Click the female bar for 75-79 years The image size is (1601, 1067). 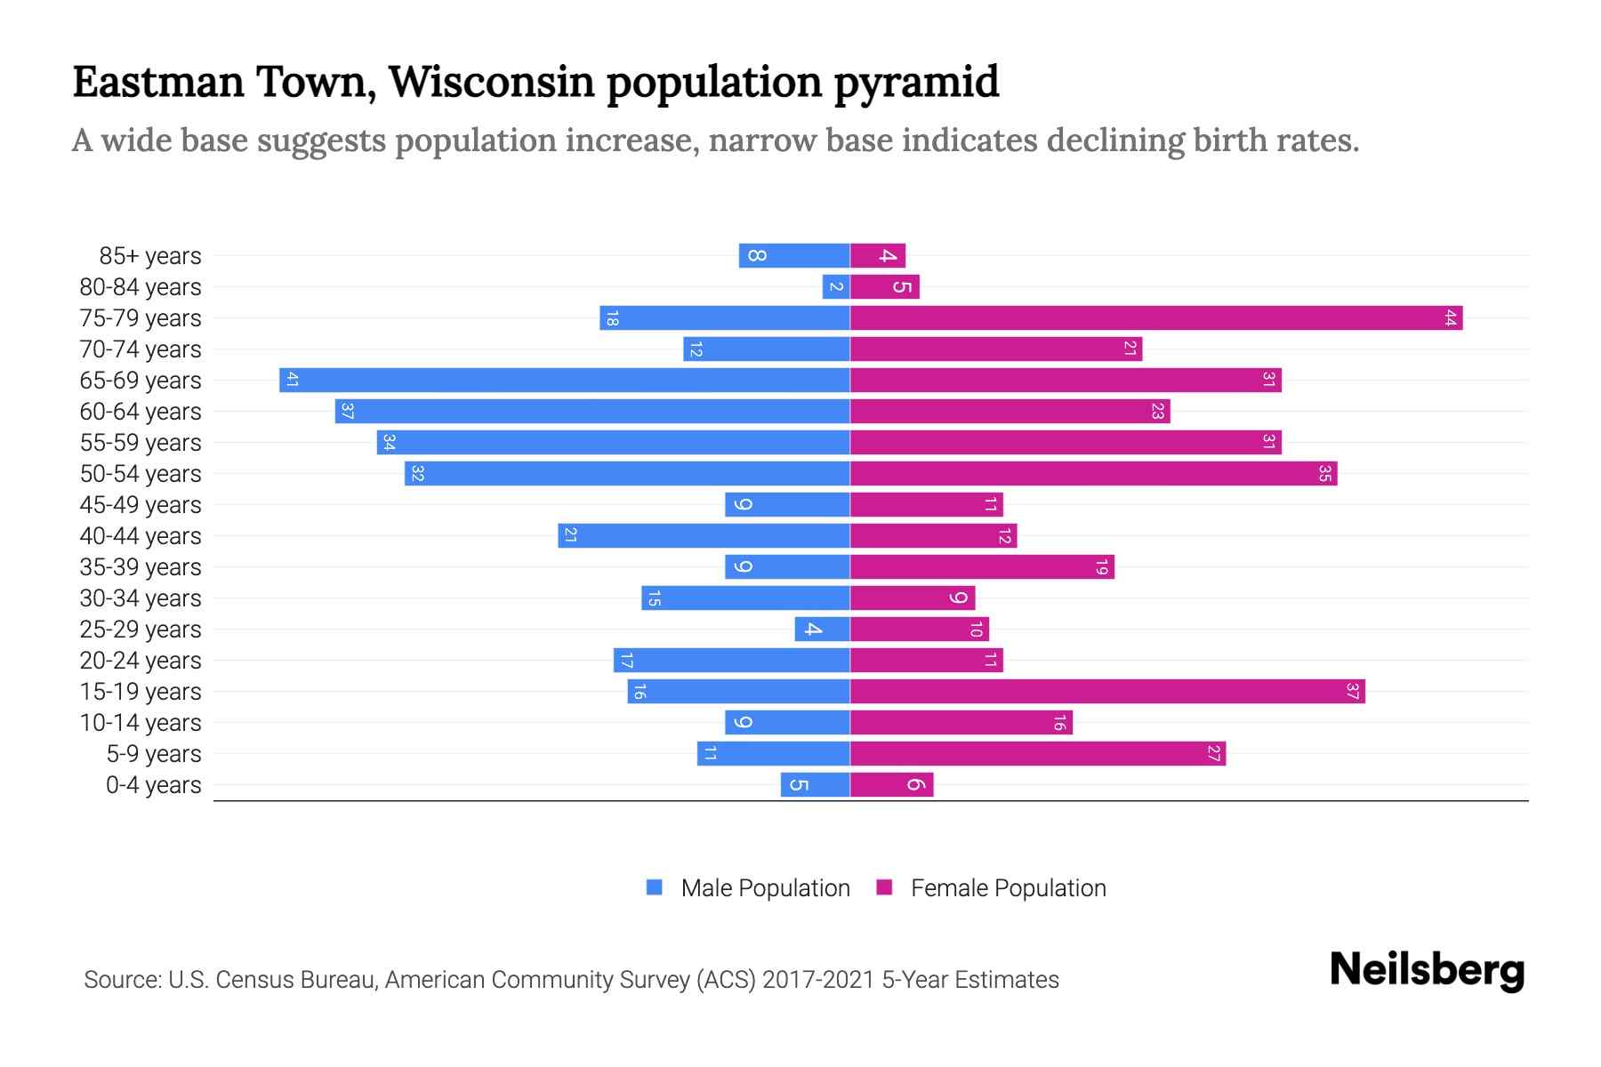coord(1156,318)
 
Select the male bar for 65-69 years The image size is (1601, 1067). coord(565,381)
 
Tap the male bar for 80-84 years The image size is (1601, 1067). coord(836,287)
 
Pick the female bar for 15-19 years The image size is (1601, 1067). coord(1107,692)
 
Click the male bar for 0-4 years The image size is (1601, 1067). coord(816,785)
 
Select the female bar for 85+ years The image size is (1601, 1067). coord(878,256)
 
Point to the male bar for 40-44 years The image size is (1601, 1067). coord(704,536)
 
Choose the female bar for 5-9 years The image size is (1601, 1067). coord(1038,754)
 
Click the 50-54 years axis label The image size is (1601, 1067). coord(141,474)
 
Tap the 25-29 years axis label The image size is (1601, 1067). coord(141,630)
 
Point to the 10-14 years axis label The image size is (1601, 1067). coord(141,723)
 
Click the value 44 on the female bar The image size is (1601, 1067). coord(1450,318)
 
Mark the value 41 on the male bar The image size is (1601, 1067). coord(292,381)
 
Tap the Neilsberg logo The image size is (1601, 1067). coord(1427,971)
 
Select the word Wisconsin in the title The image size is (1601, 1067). coord(491,83)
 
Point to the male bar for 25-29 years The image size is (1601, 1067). coord(822,630)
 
